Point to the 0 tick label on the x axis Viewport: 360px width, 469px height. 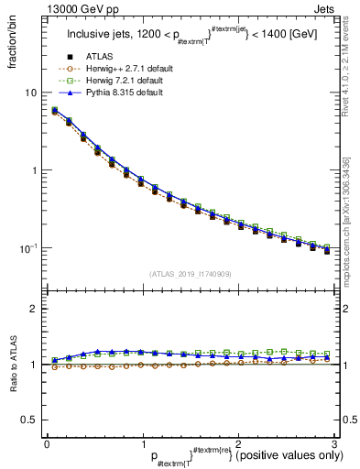click(46, 443)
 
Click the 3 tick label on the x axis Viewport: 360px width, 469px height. click(336, 443)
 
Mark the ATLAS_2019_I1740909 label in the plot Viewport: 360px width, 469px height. click(190, 274)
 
